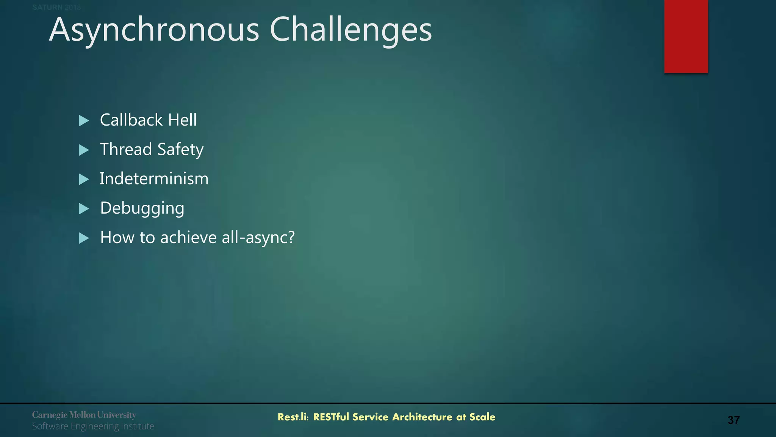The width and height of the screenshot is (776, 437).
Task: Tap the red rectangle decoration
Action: (686, 36)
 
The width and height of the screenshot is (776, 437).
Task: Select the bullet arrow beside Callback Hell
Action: (84, 121)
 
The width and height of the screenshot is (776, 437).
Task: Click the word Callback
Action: (131, 120)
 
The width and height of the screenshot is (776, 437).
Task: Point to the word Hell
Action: (183, 120)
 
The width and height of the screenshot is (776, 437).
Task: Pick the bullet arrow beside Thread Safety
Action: (84, 150)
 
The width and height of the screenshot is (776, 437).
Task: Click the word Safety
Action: (180, 149)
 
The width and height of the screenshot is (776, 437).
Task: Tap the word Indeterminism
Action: (154, 179)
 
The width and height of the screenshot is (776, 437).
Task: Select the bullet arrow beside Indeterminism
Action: (84, 179)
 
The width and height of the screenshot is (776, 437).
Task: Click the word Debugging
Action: (142, 208)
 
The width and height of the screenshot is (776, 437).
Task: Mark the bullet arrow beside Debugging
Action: (84, 209)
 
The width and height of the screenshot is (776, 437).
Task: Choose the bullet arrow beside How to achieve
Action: (84, 238)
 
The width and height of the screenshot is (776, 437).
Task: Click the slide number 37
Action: (733, 420)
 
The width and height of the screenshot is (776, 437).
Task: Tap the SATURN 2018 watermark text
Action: (56, 7)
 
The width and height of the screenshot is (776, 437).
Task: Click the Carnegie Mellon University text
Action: (84, 415)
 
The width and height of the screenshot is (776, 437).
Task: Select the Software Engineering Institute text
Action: (93, 426)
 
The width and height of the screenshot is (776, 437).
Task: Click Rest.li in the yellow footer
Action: (293, 417)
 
